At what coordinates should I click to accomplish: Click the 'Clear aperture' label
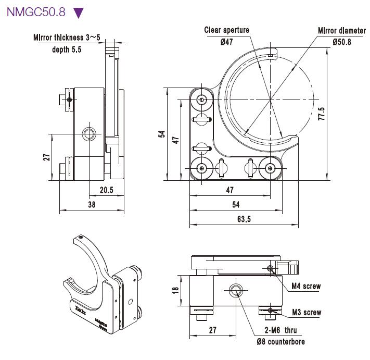tap(226, 30)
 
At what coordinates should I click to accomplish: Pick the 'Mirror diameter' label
tap(341, 30)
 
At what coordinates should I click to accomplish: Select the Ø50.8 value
tap(341, 42)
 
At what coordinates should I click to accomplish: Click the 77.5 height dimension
tap(322, 114)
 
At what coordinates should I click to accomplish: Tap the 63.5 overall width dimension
tap(244, 219)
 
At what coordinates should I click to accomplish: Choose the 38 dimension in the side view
tap(92, 205)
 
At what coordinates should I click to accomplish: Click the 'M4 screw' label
tap(306, 286)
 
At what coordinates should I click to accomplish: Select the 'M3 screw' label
tap(306, 313)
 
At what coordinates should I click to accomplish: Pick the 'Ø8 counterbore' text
tap(280, 342)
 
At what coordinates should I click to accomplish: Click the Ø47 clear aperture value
tap(226, 42)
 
